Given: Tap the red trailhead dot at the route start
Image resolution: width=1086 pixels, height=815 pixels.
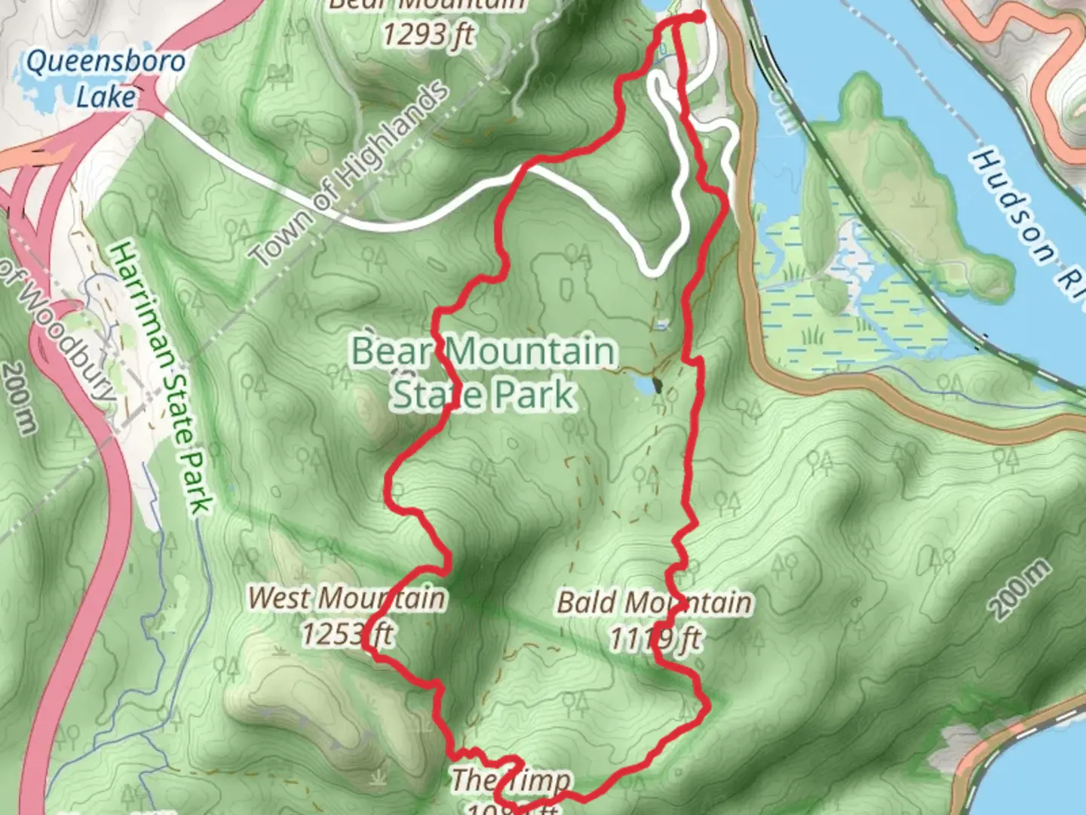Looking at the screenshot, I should (698, 16).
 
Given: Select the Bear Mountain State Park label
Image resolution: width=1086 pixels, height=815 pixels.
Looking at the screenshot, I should (483, 374).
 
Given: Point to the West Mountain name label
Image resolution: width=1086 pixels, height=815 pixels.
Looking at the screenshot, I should (346, 598).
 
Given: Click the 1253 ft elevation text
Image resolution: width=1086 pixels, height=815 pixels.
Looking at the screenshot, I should (347, 634).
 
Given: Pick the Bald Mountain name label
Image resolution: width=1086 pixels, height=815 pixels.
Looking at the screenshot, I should (654, 603).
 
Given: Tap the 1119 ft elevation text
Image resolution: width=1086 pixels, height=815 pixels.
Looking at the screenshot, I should (655, 639).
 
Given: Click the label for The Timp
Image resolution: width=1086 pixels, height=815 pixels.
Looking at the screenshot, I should (511, 780).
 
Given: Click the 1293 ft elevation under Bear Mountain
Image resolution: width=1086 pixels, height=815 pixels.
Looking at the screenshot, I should (428, 34).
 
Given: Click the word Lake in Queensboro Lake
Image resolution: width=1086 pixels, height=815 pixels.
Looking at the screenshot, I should (106, 97).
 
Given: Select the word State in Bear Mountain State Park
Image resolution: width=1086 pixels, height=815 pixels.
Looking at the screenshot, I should (422, 395).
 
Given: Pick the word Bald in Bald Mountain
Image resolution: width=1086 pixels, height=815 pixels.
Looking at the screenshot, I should (584, 603).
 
